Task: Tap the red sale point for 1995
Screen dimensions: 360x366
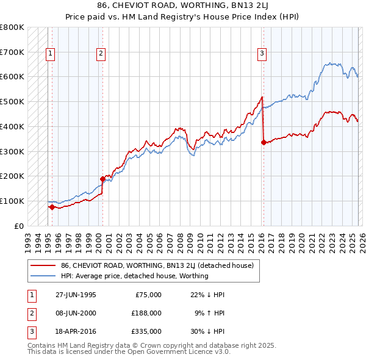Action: (x=52, y=207)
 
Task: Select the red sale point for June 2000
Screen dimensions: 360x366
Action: (x=102, y=179)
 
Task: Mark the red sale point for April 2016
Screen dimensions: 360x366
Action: (x=264, y=142)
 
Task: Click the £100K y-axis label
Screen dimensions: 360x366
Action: (x=12, y=201)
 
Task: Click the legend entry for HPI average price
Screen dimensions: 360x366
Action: (x=134, y=276)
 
